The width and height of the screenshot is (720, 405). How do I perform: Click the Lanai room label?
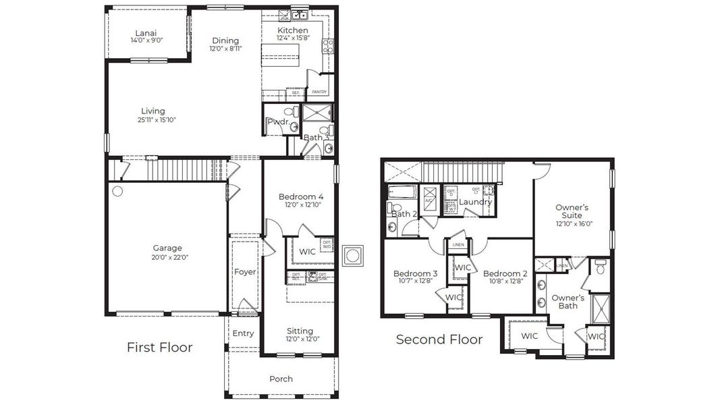point(146,32)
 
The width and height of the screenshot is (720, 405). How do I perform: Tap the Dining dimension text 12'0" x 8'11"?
point(225,48)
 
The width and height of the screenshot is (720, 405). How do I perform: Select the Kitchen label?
point(293,31)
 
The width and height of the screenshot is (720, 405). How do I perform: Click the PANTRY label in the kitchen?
point(319,92)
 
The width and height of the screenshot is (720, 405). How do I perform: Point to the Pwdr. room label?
point(277,122)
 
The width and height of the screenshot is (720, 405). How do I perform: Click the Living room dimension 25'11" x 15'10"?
point(153,120)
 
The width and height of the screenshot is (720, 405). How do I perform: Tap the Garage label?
point(167,248)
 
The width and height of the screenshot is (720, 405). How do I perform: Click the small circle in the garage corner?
point(117,192)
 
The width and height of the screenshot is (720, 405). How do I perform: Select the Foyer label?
point(245,272)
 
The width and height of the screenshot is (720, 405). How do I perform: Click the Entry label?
point(243,333)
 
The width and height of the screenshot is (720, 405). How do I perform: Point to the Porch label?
point(281,379)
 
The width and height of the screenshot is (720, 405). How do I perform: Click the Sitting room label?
point(300,331)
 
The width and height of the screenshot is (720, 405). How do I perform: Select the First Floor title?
point(160,348)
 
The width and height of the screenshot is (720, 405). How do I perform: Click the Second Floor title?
point(439,339)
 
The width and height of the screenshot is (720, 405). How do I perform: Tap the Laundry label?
point(476,202)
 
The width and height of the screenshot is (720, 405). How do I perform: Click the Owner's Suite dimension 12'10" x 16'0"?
point(574,224)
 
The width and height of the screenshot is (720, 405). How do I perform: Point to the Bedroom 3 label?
point(416,273)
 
